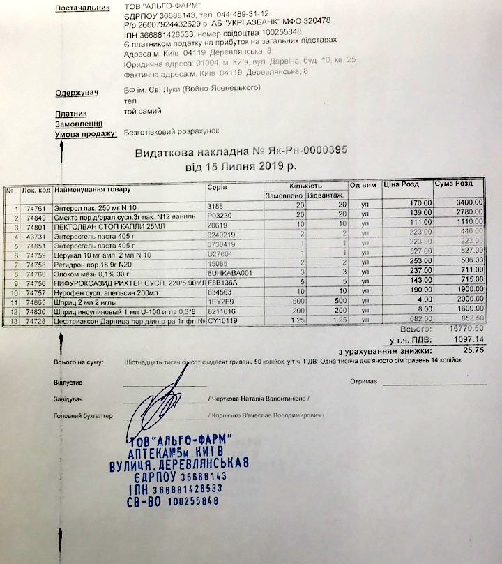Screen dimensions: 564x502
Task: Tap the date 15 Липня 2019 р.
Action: click(236, 168)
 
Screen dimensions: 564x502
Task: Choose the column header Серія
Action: click(217, 188)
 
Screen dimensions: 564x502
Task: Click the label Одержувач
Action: click(77, 93)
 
